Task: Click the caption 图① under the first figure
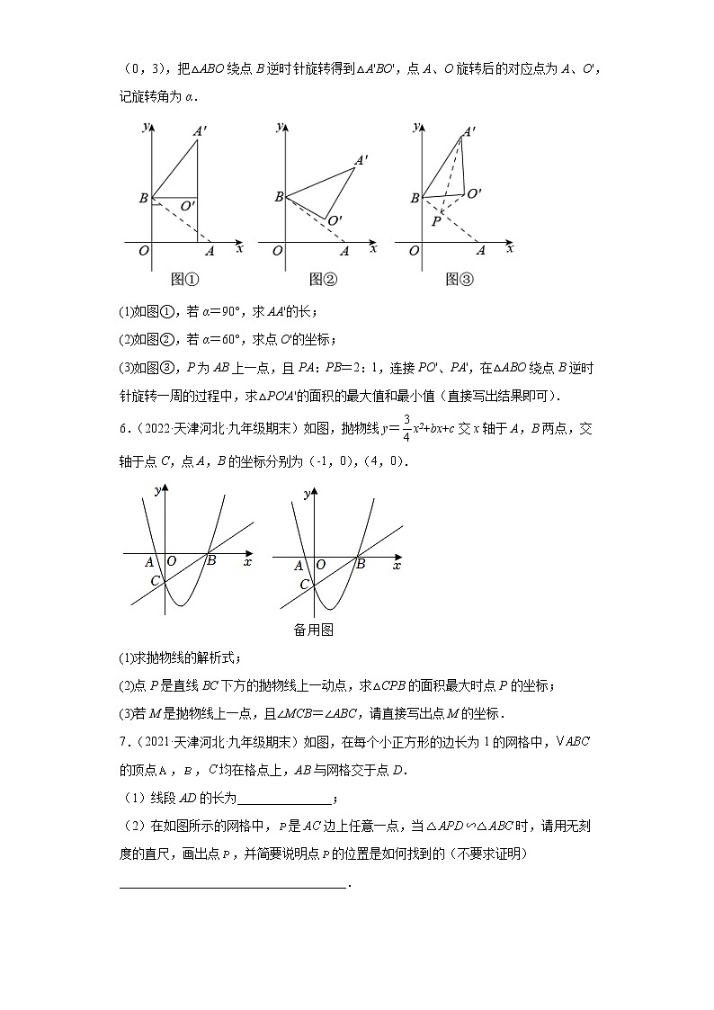pyautogui.click(x=184, y=280)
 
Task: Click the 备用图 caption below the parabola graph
pyautogui.click(x=314, y=630)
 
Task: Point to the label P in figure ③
pyautogui.click(x=435, y=221)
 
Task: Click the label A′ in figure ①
pyautogui.click(x=200, y=130)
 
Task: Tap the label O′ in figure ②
pyautogui.click(x=334, y=220)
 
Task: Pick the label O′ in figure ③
pyautogui.click(x=474, y=192)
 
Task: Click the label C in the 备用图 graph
pyautogui.click(x=305, y=585)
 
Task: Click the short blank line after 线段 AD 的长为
pyautogui.click(x=284, y=798)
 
